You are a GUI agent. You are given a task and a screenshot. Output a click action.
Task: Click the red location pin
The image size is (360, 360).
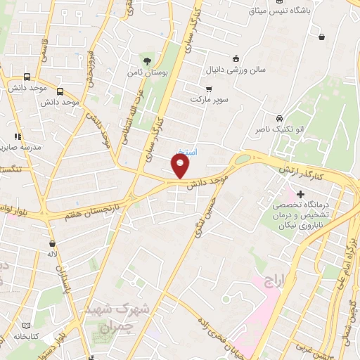point(181,166)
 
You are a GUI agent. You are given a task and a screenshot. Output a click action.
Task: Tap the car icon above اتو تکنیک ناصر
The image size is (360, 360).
point(280,117)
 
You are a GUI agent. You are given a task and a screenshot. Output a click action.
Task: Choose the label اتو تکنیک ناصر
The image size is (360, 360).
point(281,130)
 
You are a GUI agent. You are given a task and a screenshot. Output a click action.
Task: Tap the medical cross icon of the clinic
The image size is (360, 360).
point(301,193)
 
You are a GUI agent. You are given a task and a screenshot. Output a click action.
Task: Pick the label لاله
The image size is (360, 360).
point(51,252)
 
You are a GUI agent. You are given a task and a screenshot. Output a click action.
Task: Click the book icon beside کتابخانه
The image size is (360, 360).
point(27,326)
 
